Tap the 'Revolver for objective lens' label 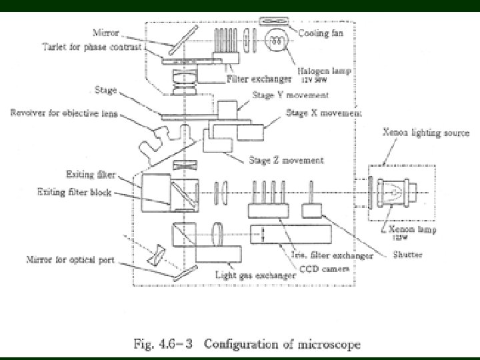[63, 113]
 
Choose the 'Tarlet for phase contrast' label [83, 47]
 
